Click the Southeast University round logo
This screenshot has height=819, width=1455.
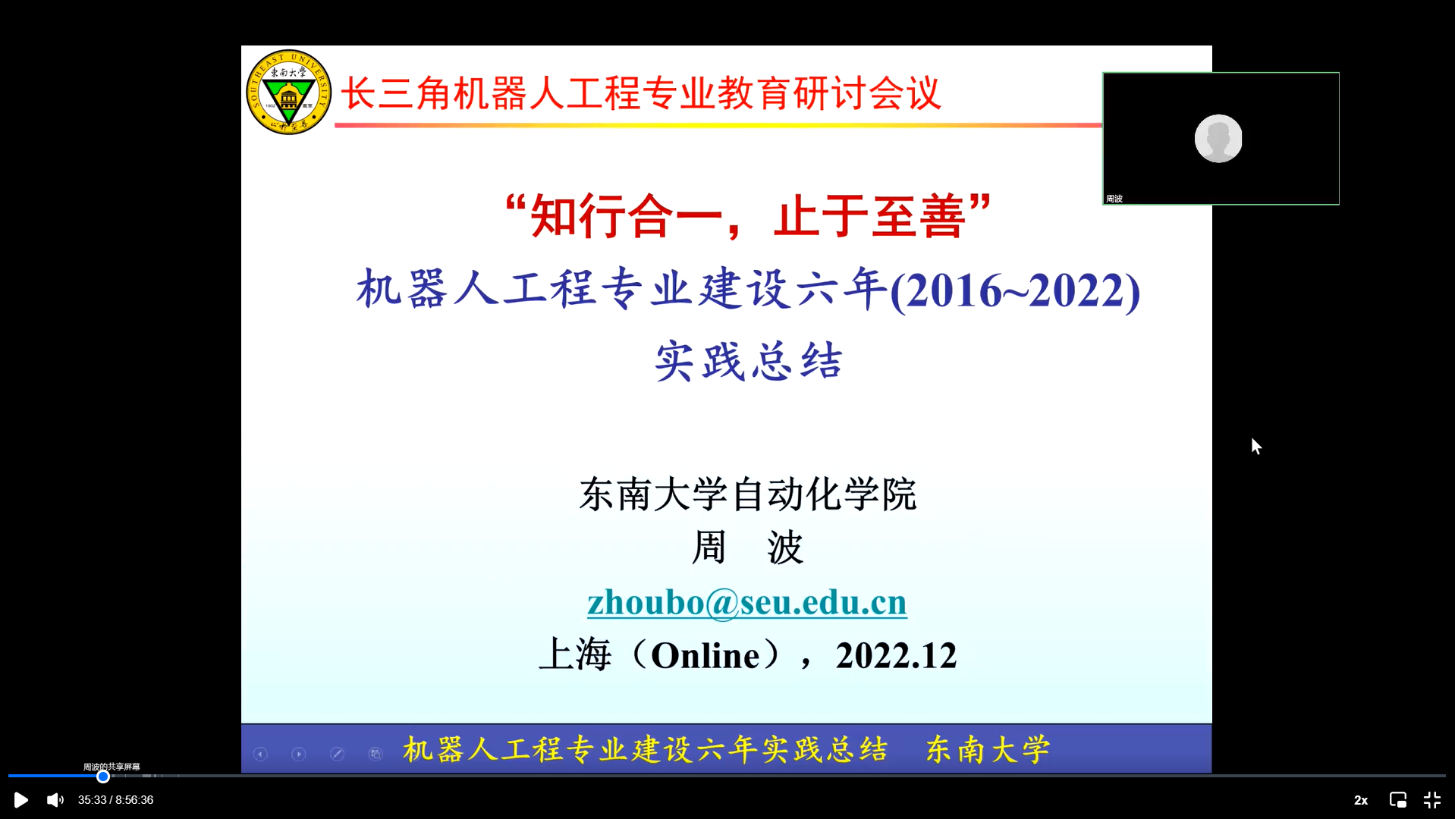tap(288, 92)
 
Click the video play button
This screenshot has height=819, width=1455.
tap(21, 800)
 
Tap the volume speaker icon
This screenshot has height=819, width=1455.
tap(55, 800)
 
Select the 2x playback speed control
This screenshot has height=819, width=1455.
tap(1361, 800)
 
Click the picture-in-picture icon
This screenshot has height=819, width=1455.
tap(1397, 800)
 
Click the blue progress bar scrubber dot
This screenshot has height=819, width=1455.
tap(103, 776)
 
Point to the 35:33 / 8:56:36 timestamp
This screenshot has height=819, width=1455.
tap(115, 800)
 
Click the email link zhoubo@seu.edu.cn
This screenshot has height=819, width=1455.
tap(747, 603)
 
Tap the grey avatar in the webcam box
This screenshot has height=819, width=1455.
tap(1218, 138)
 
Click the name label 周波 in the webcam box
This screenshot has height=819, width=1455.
tap(1114, 199)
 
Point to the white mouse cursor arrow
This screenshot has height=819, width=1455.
tap(1256, 446)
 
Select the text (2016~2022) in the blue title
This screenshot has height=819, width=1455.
tap(1015, 290)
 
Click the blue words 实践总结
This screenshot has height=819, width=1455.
tap(749, 361)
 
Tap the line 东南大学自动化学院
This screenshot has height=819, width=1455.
tap(748, 494)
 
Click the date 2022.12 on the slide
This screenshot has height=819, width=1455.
tap(896, 656)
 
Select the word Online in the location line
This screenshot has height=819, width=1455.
tap(706, 656)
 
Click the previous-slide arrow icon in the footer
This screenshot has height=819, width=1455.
tap(260, 754)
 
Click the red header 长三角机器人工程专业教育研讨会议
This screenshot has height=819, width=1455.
tap(641, 94)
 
